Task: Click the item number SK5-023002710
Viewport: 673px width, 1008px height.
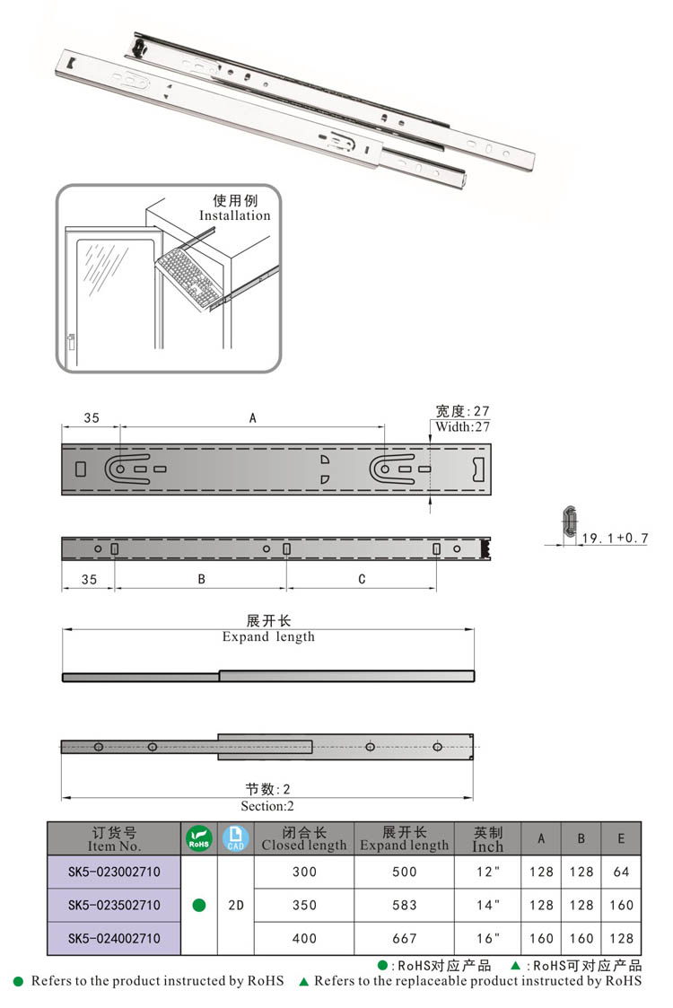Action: pyautogui.click(x=114, y=872)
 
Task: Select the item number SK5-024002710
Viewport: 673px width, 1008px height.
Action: pyautogui.click(x=114, y=938)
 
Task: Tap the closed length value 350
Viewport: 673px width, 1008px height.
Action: pyautogui.click(x=304, y=905)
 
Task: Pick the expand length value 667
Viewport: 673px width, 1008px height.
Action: pyautogui.click(x=404, y=938)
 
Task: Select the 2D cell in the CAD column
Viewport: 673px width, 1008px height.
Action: pyautogui.click(x=236, y=905)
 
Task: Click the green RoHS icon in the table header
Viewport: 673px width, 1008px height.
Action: pyautogui.click(x=198, y=838)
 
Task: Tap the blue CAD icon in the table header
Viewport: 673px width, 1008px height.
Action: pyautogui.click(x=235, y=838)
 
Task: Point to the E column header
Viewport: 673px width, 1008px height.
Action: pyautogui.click(x=621, y=838)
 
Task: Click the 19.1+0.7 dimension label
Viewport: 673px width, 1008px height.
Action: pyautogui.click(x=614, y=539)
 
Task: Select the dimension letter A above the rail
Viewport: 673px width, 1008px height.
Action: pyautogui.click(x=253, y=418)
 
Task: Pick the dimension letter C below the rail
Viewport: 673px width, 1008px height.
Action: pyautogui.click(x=362, y=579)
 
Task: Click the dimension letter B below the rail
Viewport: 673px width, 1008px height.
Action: pyautogui.click(x=202, y=579)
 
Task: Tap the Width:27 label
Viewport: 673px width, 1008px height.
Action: pyautogui.click(x=463, y=427)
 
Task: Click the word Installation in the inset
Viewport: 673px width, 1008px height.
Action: pyautogui.click(x=234, y=215)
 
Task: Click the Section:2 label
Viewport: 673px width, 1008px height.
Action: pyautogui.click(x=267, y=806)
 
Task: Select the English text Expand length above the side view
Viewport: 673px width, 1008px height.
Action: pyautogui.click(x=268, y=637)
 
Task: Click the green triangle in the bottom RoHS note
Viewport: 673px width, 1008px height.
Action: pyautogui.click(x=303, y=982)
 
